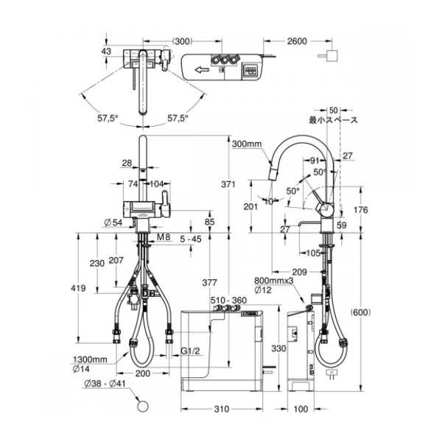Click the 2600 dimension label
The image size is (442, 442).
tap(297, 41)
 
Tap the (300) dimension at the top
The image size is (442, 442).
tap(182, 41)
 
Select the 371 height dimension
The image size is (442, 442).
tap(228, 184)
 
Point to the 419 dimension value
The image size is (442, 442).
tap(78, 288)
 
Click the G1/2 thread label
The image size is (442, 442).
tap(190, 351)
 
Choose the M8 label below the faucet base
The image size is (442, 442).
tap(164, 237)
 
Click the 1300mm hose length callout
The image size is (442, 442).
tap(90, 359)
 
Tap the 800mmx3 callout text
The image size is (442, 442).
tap(274, 281)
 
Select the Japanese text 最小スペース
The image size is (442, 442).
tap(333, 120)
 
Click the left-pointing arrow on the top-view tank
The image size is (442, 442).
tap(202, 69)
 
